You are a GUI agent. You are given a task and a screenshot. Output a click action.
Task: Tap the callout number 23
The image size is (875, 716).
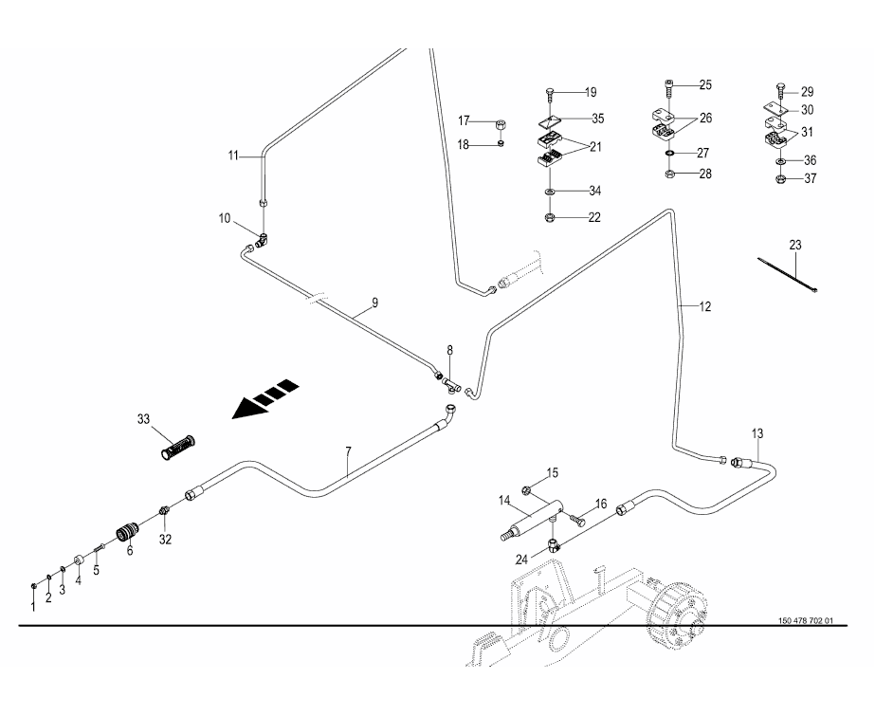click(795, 245)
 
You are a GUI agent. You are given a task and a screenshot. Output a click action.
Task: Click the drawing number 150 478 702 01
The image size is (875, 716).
click(805, 621)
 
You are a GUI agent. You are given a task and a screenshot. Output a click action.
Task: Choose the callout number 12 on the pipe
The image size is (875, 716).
click(705, 306)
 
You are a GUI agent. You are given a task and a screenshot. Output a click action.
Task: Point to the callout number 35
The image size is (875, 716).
click(597, 119)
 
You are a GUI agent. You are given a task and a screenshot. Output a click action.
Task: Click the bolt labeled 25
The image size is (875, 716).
click(670, 86)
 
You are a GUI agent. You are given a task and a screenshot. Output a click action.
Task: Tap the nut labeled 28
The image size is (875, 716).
click(669, 175)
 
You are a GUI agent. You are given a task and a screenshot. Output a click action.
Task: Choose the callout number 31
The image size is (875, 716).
click(808, 132)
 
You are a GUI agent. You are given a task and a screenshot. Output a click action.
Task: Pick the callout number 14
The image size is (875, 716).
click(506, 500)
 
